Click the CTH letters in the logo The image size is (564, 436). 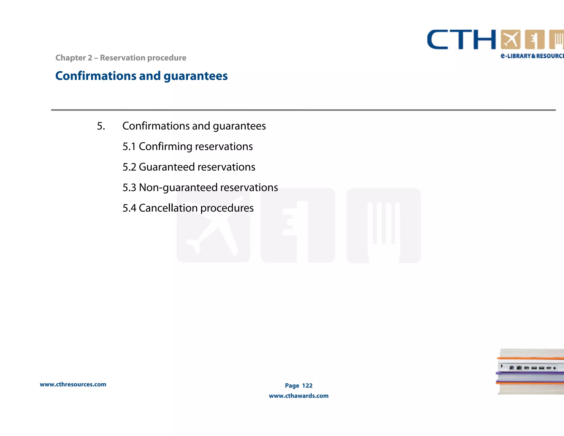point(461,40)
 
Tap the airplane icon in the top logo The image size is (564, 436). point(511,39)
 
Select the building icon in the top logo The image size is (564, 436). point(535,39)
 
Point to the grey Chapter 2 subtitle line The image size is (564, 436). point(121,58)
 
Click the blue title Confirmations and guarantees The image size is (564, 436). point(141,76)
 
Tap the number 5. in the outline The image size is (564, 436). point(101,126)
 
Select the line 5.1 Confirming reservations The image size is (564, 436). point(187,147)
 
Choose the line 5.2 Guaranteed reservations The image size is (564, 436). point(189,167)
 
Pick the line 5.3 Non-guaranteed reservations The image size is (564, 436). point(200,188)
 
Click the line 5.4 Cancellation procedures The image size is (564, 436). point(188,208)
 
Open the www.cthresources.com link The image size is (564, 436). point(73,384)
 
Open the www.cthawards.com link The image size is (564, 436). point(299,396)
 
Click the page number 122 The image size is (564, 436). point(307,386)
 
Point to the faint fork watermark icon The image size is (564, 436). point(383,225)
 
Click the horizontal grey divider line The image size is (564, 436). point(303,110)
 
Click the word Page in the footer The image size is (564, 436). point(292,386)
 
